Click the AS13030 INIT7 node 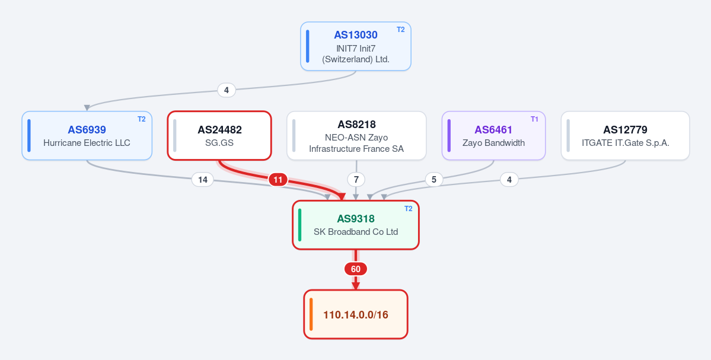click(356, 46)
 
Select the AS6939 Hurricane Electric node click(87, 136)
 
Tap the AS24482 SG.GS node click(219, 136)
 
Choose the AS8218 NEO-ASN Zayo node click(356, 136)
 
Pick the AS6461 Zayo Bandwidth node click(493, 136)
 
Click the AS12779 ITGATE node click(625, 136)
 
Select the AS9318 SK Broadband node click(356, 225)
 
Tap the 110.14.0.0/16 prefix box click(356, 314)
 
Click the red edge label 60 click(356, 269)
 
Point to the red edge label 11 click(278, 180)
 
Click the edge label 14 click(203, 180)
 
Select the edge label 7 click(356, 180)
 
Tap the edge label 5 click(434, 180)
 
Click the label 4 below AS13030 click(227, 90)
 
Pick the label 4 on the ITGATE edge click(509, 180)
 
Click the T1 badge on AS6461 click(535, 119)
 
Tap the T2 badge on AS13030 click(401, 30)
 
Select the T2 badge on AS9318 click(409, 209)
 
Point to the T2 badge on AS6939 click(142, 119)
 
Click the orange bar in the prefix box click(311, 314)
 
